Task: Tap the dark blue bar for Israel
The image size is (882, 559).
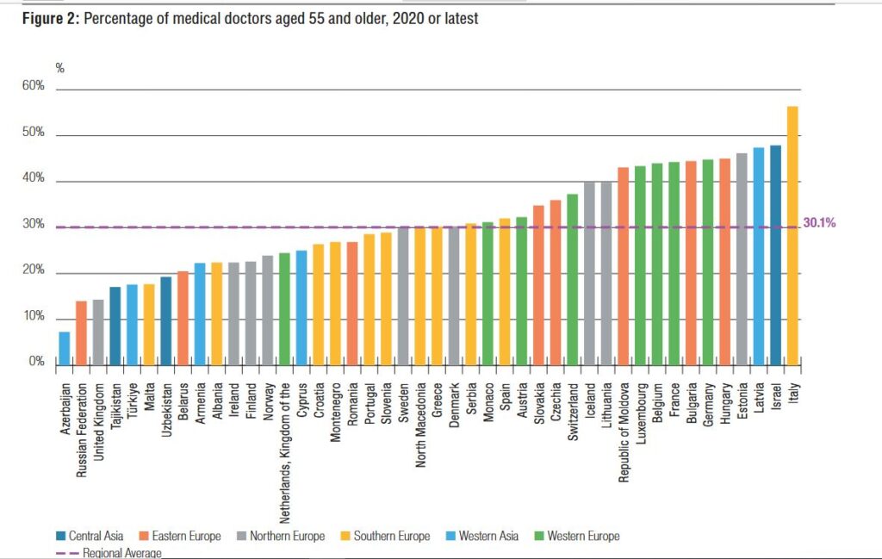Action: [775, 254]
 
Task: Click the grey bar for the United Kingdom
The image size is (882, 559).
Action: [98, 331]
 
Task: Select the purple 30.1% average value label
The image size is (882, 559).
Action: [819, 222]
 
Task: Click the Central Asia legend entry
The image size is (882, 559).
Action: [95, 536]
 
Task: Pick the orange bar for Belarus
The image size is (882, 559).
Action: [183, 317]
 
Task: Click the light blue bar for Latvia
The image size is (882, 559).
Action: [758, 255]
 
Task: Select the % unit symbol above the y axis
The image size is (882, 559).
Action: [60, 68]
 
